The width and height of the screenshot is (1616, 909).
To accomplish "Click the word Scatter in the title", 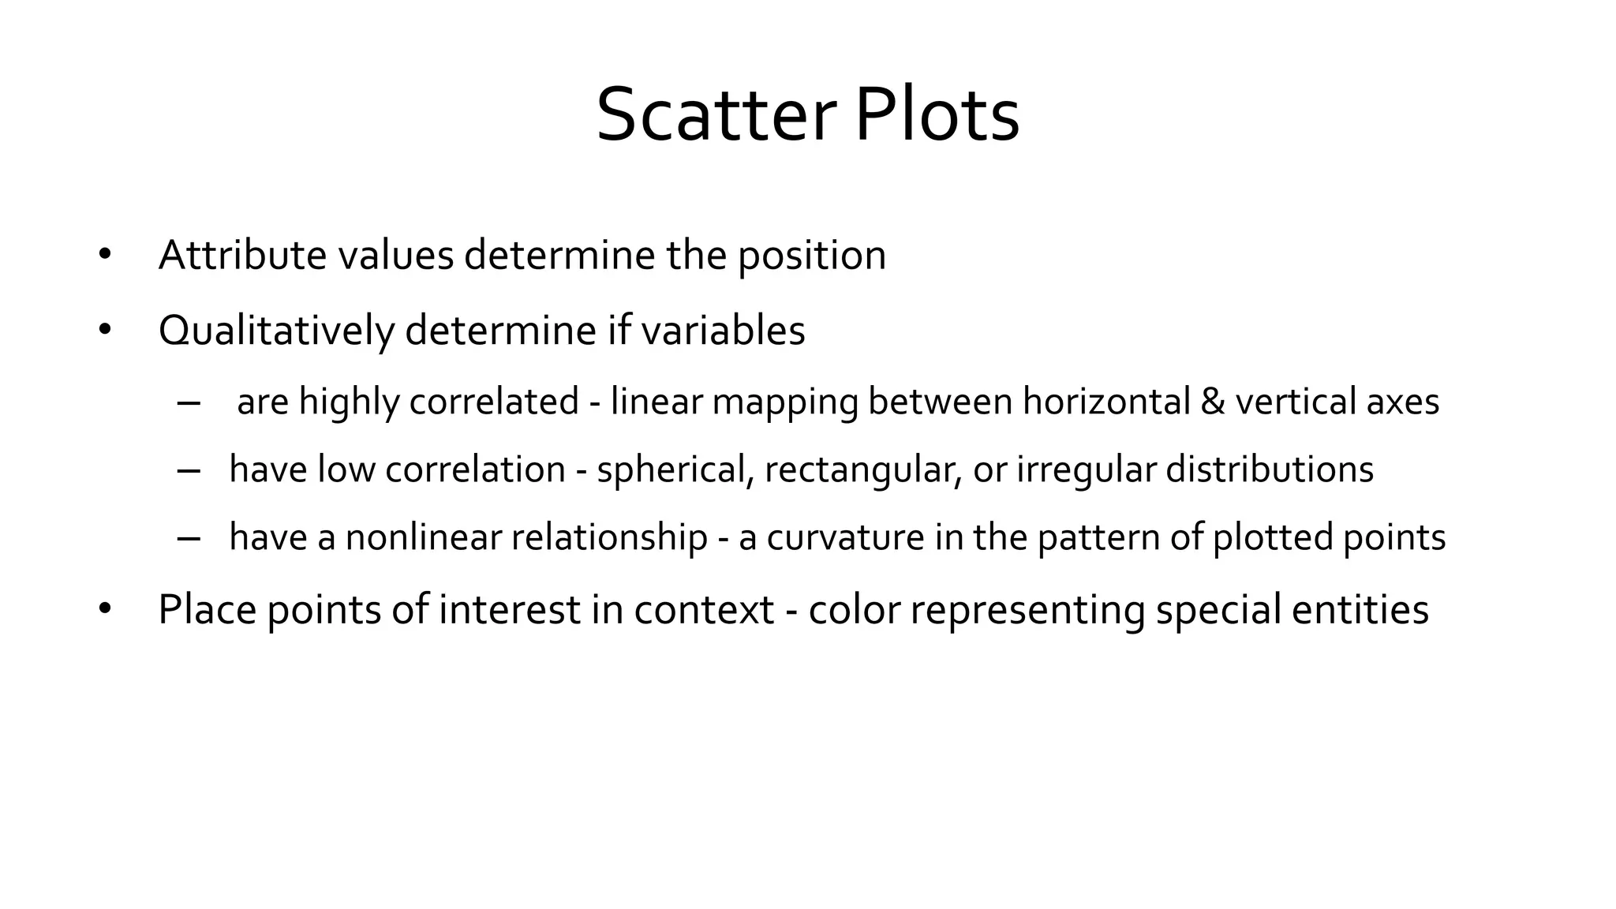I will point(715,116).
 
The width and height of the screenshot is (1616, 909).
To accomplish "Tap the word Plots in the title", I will point(937,116).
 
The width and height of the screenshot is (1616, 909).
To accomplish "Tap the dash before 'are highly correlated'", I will point(189,402).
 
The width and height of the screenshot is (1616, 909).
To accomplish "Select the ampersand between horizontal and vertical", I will point(1212,402).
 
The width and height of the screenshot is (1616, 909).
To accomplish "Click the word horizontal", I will point(1106,402).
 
